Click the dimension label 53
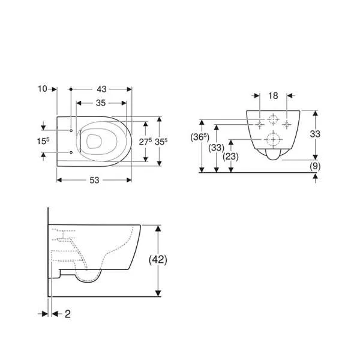(94, 180)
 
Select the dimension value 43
(101, 89)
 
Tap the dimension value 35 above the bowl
(101, 103)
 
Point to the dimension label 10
(43, 89)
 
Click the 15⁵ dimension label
(43, 141)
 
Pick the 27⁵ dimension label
(145, 142)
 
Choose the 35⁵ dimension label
(161, 142)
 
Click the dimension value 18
(273, 96)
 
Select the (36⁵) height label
(200, 137)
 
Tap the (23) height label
(231, 157)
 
